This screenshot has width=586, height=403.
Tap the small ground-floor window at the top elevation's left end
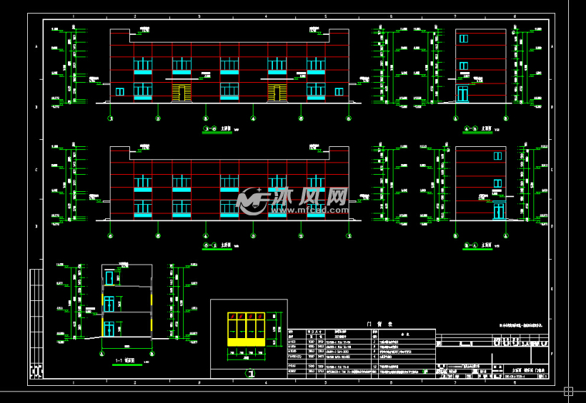120,91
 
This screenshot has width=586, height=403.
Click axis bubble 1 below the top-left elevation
110,118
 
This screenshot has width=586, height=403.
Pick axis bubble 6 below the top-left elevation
349,118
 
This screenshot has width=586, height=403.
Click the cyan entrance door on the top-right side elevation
462,93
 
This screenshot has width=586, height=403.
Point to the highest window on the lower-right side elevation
497,156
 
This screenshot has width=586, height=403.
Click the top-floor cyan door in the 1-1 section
109,277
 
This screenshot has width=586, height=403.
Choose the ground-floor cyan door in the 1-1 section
108,329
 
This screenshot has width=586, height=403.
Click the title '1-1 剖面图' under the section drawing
125,361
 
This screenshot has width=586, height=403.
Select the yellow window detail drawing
248,329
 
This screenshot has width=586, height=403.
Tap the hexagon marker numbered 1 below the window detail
249,372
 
